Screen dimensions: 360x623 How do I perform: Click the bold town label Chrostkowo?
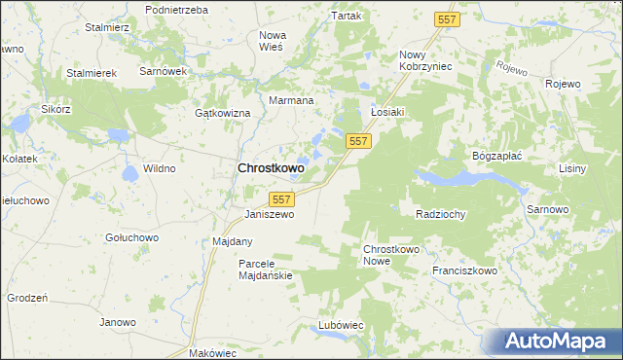[x=271, y=168]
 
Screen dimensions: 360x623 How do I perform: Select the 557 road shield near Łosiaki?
[x=358, y=142]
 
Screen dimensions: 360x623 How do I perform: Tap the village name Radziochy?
[x=440, y=214]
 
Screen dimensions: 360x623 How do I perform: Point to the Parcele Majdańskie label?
[x=266, y=270]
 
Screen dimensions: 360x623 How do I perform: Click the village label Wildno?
[x=160, y=168]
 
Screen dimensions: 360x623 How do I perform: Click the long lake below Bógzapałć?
[x=458, y=179]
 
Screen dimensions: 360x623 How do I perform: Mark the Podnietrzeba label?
[x=176, y=9]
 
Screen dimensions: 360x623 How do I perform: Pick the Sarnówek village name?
[x=162, y=72]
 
